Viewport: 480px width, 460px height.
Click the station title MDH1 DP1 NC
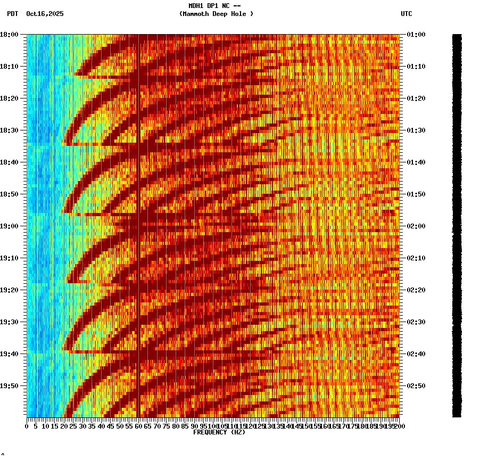(211, 6)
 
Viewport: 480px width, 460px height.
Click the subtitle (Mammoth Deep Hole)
(216, 14)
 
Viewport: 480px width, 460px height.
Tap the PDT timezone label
(13, 14)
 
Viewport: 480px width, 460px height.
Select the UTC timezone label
(406, 14)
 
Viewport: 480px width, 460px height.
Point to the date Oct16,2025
(45, 14)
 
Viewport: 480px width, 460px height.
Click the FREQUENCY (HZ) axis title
(219, 432)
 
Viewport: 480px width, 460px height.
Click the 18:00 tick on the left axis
(10, 35)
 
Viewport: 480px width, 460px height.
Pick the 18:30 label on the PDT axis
(10, 130)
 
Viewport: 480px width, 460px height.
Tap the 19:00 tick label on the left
(10, 226)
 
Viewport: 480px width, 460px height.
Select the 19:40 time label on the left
(10, 354)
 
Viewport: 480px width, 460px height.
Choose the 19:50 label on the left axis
(10, 386)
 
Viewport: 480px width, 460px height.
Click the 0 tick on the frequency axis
(27, 426)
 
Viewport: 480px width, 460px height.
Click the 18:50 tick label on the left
(10, 194)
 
